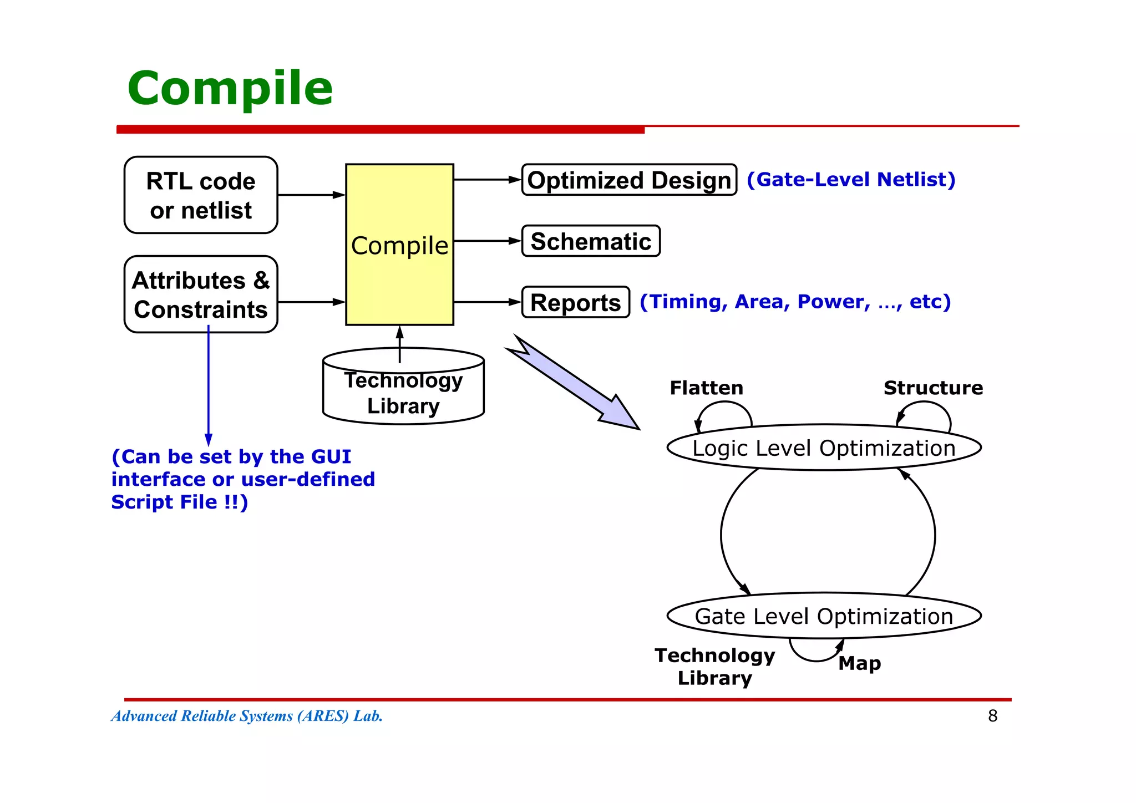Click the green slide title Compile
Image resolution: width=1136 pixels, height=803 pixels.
point(230,89)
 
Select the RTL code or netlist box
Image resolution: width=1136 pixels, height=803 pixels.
point(201,195)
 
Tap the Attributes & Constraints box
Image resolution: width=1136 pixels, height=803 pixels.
point(201,294)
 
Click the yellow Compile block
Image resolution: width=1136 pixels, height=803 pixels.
point(399,245)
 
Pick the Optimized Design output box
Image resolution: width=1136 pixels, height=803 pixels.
point(629,180)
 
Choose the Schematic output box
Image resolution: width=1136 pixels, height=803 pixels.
point(591,241)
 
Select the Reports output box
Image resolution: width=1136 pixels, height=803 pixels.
point(576,302)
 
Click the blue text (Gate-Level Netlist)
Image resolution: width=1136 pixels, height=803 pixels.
point(851,180)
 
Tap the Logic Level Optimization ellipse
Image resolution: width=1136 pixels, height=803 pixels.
point(824,448)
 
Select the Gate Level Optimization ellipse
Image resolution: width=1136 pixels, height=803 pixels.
point(824,616)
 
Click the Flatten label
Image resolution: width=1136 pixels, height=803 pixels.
point(706,388)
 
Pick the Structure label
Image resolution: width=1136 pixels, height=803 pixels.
point(933,388)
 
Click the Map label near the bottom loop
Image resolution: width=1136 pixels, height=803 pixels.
point(859,663)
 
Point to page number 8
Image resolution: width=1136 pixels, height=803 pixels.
point(992,716)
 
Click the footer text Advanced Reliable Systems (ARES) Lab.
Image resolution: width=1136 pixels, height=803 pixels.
point(247,716)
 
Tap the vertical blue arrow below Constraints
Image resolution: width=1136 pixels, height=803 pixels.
point(209,388)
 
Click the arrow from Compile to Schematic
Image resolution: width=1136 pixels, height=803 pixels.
point(487,241)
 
